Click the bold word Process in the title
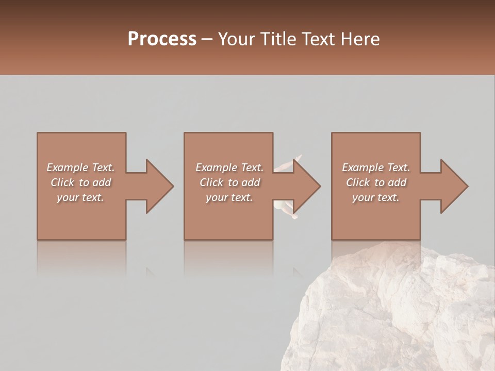(162, 39)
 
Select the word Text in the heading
(316, 39)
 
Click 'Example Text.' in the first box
(80, 167)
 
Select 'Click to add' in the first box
(80, 182)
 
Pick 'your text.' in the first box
(80, 197)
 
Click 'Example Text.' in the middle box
(229, 167)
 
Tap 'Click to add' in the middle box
(229, 182)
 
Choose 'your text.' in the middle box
(229, 197)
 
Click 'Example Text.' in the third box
(376, 167)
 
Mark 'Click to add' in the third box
(376, 182)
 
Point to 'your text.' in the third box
(376, 197)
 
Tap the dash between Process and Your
(207, 40)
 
